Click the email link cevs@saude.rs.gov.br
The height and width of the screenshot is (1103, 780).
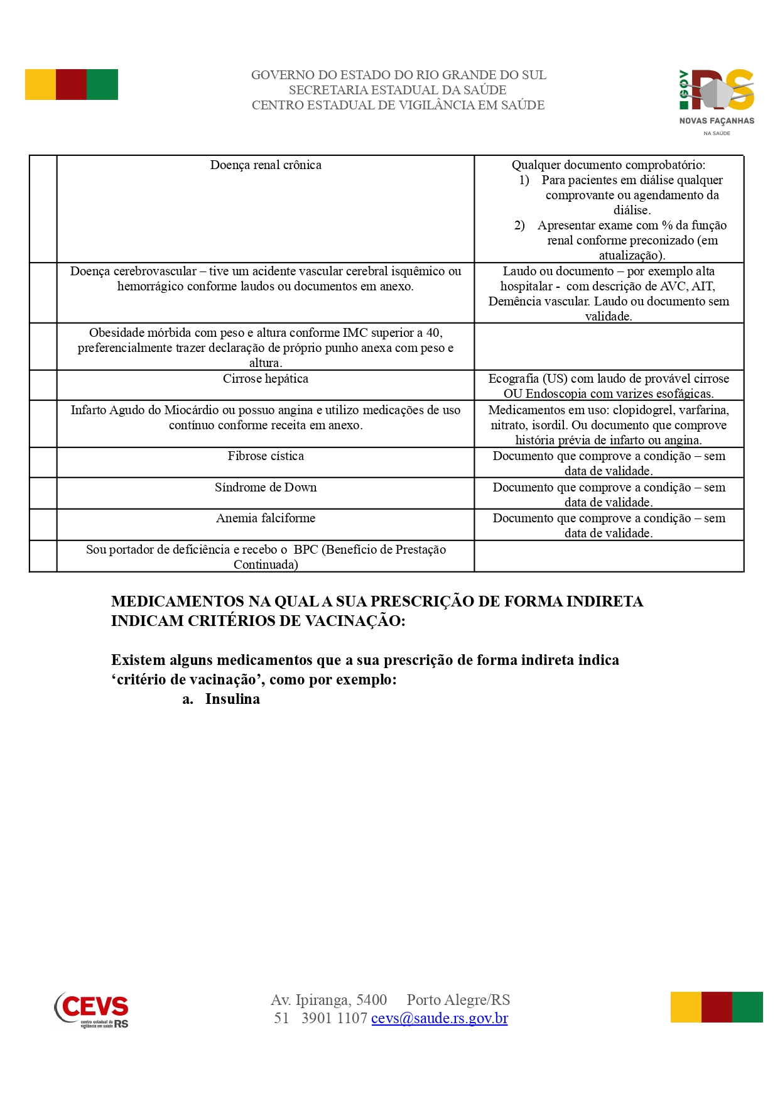click(x=439, y=1018)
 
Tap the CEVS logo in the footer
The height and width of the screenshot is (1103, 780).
click(x=92, y=1009)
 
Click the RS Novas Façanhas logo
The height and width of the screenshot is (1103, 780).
click(x=717, y=101)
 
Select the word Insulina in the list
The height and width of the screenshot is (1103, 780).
click(x=232, y=699)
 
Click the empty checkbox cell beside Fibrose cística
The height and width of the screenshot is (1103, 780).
click(x=43, y=463)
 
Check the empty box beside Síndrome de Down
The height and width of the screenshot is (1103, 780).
click(x=43, y=493)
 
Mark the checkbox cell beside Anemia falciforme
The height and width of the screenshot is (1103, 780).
click(x=43, y=525)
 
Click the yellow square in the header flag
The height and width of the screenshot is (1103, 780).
click(x=40, y=84)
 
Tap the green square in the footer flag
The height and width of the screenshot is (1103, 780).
click(x=747, y=1007)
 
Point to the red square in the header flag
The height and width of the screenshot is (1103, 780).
click(x=71, y=84)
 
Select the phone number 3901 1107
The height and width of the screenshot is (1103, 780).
click(x=334, y=1018)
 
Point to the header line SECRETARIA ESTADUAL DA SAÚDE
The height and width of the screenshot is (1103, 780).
click(x=398, y=90)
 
